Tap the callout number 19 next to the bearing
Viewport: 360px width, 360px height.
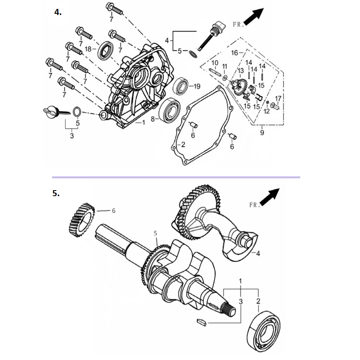pos(197,86)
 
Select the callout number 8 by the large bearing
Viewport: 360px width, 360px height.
pos(153,119)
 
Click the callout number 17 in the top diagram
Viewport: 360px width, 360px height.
pos(278,99)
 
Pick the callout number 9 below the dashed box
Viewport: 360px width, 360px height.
pos(262,133)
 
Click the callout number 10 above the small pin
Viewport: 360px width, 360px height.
pos(215,63)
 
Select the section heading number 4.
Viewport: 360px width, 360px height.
pos(58,12)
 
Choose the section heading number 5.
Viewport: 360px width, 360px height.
pos(56,193)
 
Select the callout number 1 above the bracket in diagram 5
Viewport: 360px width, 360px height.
pos(241,281)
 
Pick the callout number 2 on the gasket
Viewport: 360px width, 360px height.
pos(183,144)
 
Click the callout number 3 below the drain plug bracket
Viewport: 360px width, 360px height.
pos(72,136)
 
